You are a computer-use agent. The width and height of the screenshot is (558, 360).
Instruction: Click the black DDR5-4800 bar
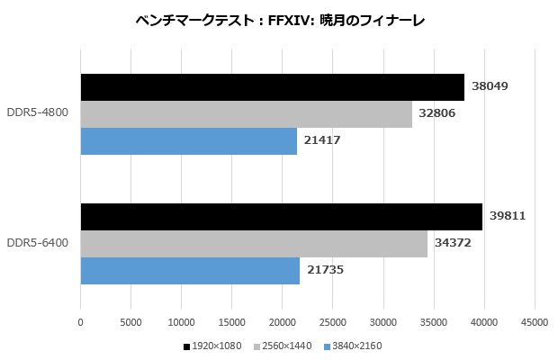tap(272, 87)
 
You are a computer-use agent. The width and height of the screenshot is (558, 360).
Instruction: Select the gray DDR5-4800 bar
tap(246, 114)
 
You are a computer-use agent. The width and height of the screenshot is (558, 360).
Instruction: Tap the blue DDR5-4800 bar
tap(188, 141)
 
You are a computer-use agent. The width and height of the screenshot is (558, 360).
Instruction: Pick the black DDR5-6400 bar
tap(282, 217)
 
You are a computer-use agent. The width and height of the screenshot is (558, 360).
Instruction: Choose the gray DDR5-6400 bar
tap(254, 244)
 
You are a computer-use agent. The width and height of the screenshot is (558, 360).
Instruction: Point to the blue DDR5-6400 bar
tap(190, 271)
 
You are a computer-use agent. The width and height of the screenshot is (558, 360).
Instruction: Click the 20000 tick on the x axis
tap(283, 321)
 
